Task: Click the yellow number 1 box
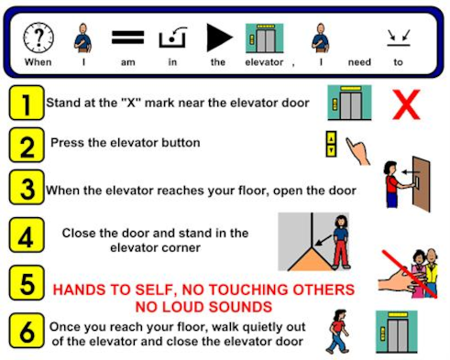(x=27, y=103)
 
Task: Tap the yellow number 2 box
(x=27, y=145)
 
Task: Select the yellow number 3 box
(x=27, y=187)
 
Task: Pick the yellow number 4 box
(x=27, y=235)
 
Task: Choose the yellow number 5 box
(x=27, y=283)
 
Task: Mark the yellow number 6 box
(x=27, y=331)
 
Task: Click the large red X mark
(x=406, y=104)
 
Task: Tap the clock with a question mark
(x=38, y=38)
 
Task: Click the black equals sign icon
(x=127, y=38)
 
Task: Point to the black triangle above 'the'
(x=219, y=38)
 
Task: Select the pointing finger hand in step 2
(x=358, y=151)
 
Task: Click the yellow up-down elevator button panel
(x=331, y=144)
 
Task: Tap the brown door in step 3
(x=422, y=184)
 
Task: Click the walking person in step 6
(x=337, y=332)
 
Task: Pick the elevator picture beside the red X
(x=349, y=103)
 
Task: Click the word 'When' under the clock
(x=38, y=62)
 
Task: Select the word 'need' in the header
(x=359, y=62)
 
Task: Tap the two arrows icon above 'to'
(x=399, y=38)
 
